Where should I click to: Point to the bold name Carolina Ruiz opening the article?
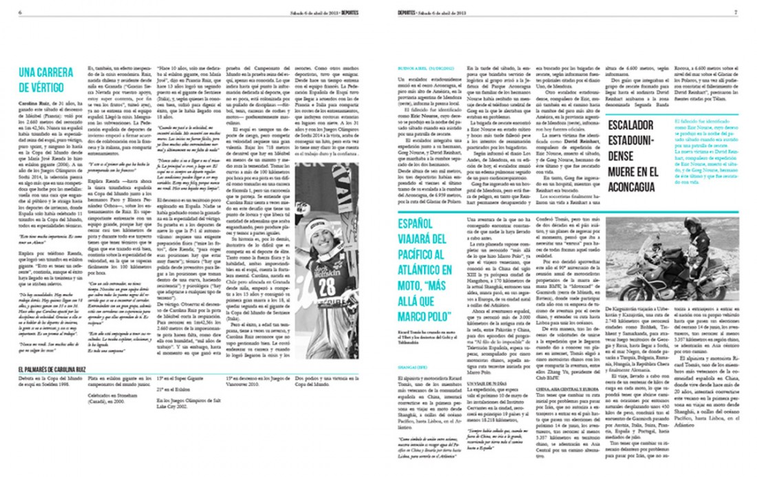point(34,103)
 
